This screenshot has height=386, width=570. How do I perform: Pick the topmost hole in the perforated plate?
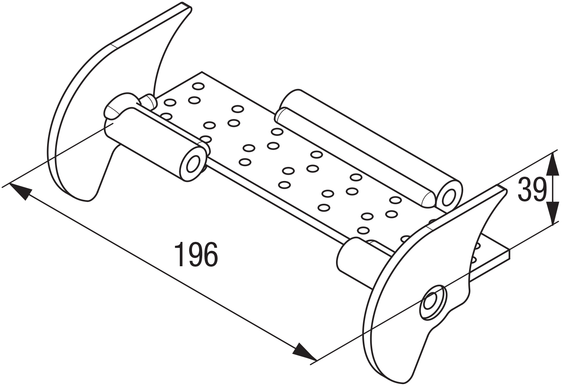tap(198, 86)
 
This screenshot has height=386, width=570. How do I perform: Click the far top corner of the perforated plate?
tap(202, 72)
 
